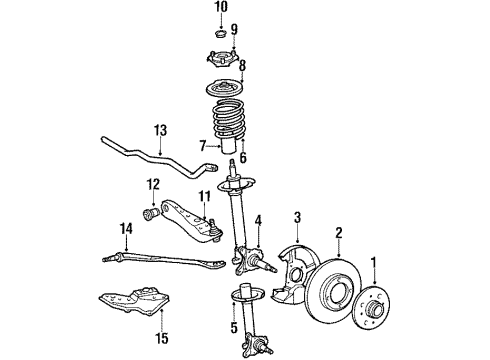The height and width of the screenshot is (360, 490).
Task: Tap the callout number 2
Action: (338, 232)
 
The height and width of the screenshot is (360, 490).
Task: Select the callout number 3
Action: (297, 216)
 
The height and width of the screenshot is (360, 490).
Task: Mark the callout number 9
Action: (233, 28)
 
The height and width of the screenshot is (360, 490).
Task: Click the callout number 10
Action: (221, 7)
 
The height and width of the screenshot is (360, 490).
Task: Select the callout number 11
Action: (205, 196)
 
